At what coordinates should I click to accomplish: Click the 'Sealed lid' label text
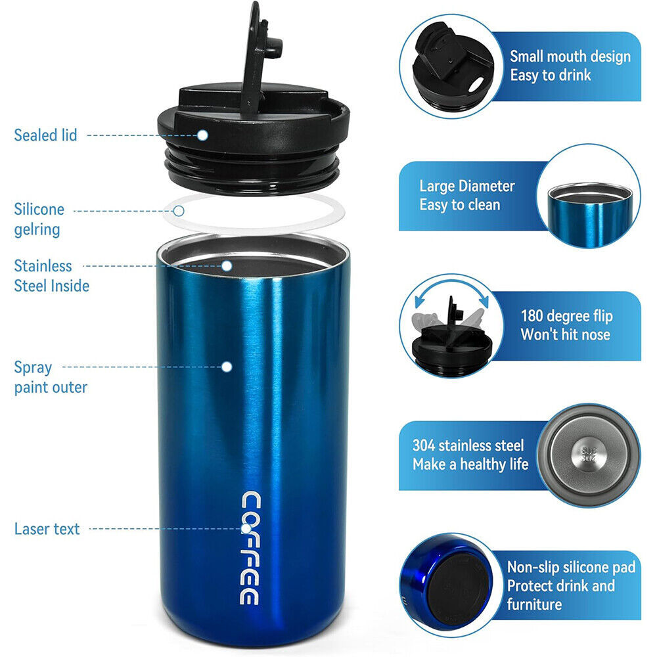coord(45,135)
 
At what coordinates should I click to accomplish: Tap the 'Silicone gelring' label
coord(39,219)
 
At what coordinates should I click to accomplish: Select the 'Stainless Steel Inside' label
coord(51,276)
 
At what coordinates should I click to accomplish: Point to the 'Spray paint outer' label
coord(51,377)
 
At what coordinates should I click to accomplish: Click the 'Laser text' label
coord(47,529)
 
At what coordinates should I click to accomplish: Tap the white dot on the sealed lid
coord(203,135)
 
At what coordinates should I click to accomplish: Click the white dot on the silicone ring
coord(179,211)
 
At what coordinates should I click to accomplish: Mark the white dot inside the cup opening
coord(227,266)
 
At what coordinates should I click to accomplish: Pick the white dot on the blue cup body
coord(227,367)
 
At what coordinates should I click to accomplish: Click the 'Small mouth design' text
coord(570,57)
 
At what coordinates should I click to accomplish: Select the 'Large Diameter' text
coord(467,186)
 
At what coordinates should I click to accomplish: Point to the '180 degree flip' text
coord(566,316)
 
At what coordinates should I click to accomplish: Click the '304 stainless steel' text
coord(468,445)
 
